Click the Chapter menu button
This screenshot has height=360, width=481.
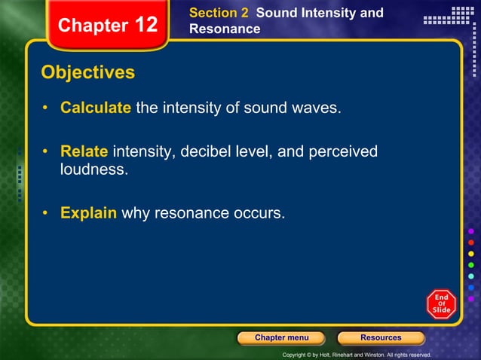280,337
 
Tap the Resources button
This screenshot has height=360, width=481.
381,337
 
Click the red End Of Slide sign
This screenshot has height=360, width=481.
441,304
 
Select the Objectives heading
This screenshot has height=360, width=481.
88,73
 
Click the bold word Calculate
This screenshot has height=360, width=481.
96,108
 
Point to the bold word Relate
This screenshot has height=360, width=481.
84,152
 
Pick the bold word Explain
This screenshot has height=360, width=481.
88,213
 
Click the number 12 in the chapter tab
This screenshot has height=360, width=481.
146,25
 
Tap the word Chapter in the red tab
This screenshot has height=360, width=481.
93,26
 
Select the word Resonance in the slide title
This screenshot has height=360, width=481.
225,29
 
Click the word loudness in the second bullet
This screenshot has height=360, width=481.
94,169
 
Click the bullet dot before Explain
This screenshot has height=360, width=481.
46,213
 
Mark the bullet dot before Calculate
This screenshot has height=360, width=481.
46,108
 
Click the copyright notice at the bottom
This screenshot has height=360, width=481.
356,354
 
